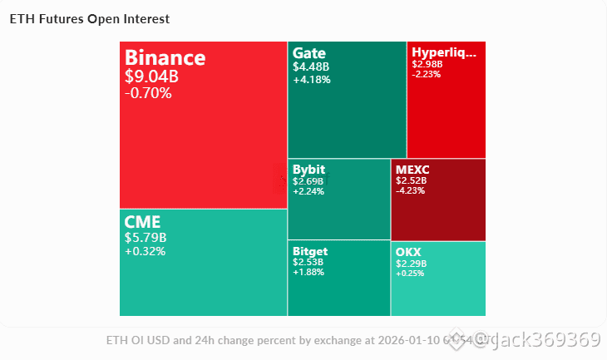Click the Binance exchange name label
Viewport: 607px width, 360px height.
point(165,58)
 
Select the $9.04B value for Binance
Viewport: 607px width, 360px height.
point(151,76)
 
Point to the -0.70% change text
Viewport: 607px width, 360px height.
point(148,93)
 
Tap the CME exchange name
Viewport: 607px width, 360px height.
point(142,222)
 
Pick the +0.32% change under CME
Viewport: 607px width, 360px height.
point(145,251)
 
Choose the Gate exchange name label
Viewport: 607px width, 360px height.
point(308,52)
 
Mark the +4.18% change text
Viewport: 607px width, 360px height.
point(312,80)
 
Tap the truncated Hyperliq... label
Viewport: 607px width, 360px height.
point(444,52)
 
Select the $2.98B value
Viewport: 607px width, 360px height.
point(427,64)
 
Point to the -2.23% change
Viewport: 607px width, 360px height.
point(427,73)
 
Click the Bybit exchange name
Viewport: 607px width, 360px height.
point(308,170)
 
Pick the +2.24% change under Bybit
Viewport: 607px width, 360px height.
point(308,190)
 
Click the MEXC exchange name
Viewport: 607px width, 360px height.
point(412,170)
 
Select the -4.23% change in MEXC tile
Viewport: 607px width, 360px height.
point(411,190)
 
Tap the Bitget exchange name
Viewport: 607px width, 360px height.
point(310,251)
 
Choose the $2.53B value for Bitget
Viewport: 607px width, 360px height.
point(308,262)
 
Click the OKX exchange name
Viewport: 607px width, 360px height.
point(408,251)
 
